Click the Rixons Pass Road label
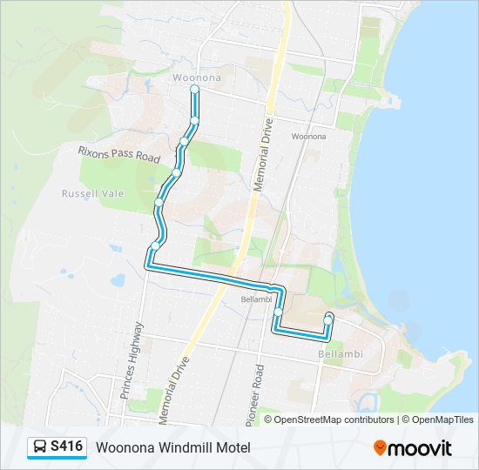pyautogui.click(x=118, y=153)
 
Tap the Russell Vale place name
pyautogui.click(x=92, y=193)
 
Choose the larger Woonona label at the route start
pyautogui.click(x=196, y=77)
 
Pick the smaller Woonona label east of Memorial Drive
pyautogui.click(x=308, y=137)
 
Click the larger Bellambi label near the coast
pyautogui.click(x=340, y=353)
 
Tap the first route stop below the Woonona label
pyautogui.click(x=195, y=89)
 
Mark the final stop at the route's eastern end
pyautogui.click(x=328, y=319)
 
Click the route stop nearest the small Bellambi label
pyautogui.click(x=278, y=312)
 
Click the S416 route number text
pyautogui.click(x=67, y=446)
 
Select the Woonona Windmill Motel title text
pyautogui.click(x=173, y=447)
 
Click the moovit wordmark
pyautogui.click(x=421, y=448)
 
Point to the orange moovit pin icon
pyautogui.click(x=380, y=447)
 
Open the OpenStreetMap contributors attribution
pyautogui.click(x=334, y=420)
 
